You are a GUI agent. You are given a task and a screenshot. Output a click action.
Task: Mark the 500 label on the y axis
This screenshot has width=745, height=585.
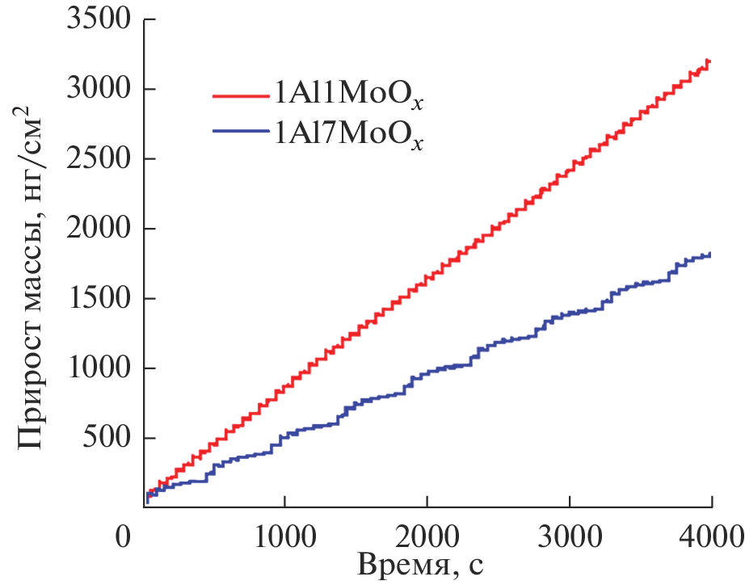point(106,439)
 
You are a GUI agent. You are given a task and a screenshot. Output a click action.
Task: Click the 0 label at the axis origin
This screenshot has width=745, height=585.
point(124,535)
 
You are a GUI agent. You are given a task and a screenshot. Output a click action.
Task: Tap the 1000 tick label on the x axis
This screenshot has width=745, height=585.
point(284,535)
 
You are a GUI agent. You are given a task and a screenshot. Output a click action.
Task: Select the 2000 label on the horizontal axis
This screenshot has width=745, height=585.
point(427,535)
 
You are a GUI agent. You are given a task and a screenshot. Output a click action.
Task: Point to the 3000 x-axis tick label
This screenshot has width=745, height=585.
point(570,535)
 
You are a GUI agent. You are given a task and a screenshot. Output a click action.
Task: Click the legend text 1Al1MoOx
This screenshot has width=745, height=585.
point(348,95)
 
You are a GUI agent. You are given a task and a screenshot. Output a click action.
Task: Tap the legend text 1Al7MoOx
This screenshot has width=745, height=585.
point(348,133)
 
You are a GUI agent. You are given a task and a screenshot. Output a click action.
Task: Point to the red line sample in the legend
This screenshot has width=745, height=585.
point(242,95)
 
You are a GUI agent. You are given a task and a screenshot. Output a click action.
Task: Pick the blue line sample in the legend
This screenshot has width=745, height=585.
point(242,132)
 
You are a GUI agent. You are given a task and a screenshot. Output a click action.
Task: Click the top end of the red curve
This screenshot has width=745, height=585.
point(709,61)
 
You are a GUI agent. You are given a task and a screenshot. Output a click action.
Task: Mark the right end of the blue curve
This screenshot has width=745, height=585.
point(710,255)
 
